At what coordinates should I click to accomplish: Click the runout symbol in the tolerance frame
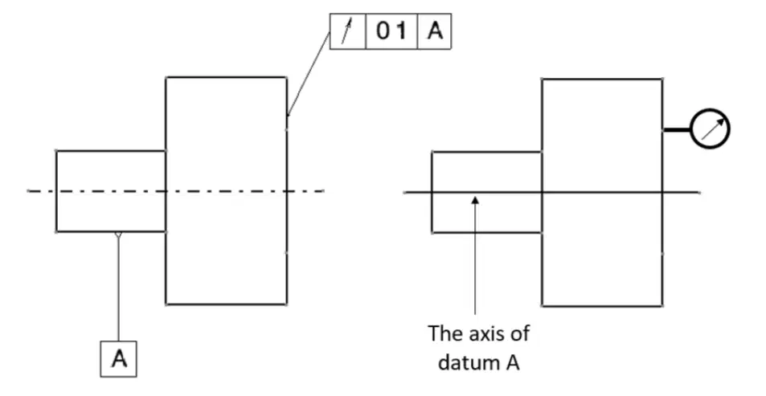click(x=346, y=32)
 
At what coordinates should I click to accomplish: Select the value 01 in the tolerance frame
click(x=391, y=31)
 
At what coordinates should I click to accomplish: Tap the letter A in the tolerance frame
click(x=434, y=31)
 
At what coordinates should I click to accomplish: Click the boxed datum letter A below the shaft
click(x=119, y=359)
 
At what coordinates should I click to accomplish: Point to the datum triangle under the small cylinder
click(x=117, y=235)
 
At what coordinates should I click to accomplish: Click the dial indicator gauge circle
click(x=710, y=129)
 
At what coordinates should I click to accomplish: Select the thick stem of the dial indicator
click(x=677, y=130)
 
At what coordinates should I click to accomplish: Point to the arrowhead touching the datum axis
click(x=475, y=200)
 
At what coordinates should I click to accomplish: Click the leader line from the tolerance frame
click(x=309, y=74)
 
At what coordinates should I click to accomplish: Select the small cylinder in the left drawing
click(x=111, y=191)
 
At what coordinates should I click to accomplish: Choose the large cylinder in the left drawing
click(x=226, y=191)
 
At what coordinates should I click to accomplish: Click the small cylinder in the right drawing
click(x=487, y=193)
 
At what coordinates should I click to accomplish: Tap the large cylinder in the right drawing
click(x=602, y=193)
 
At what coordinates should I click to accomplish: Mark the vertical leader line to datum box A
click(x=118, y=290)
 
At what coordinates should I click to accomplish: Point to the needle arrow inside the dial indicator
click(x=713, y=129)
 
